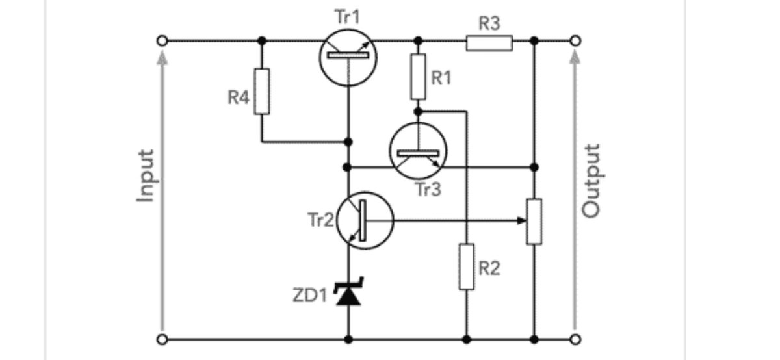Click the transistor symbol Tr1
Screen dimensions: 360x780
tap(348, 57)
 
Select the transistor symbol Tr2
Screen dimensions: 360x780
tap(365, 220)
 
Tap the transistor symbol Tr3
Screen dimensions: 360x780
tap(418, 151)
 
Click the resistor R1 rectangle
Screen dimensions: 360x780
tap(418, 77)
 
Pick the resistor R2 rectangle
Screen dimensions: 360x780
tap(467, 267)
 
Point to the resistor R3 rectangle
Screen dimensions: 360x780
tap(489, 43)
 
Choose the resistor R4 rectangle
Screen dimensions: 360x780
tap(262, 91)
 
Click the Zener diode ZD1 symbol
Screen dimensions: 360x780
tap(348, 294)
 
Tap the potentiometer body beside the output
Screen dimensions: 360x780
tap(534, 222)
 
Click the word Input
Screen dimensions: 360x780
tap(146, 176)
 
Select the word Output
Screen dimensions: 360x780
tap(591, 181)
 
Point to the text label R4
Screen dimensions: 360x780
tap(239, 99)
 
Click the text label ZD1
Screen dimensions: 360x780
tap(310, 296)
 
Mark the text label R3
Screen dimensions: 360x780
tap(489, 24)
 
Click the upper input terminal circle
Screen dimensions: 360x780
tap(162, 41)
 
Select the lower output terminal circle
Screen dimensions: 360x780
tap(574, 339)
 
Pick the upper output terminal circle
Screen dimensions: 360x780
tap(574, 41)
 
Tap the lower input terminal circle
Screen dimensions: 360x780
tap(162, 339)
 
